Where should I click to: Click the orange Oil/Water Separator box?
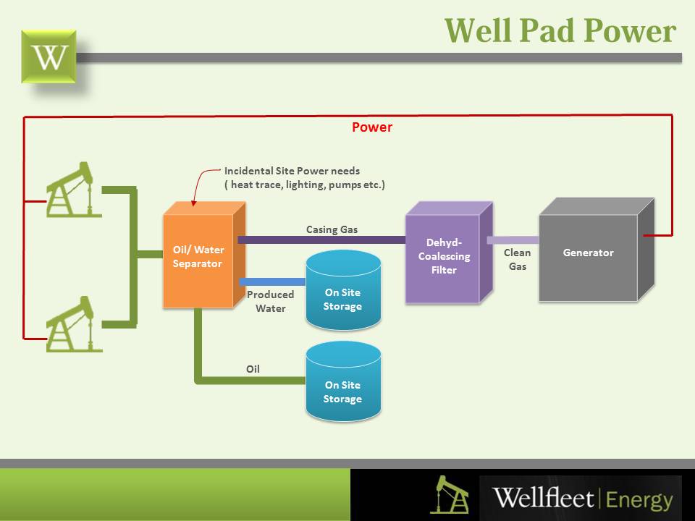[x=204, y=255]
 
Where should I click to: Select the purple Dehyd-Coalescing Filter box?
[x=449, y=253]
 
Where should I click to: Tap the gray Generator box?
[x=596, y=250]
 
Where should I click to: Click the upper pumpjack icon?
[x=74, y=190]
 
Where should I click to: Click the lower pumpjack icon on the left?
[x=74, y=324]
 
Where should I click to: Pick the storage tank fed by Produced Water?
[x=343, y=290]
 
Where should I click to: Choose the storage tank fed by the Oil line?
[x=343, y=381]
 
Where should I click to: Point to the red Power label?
[x=372, y=127]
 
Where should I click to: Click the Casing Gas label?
[x=332, y=229]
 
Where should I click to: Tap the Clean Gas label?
[x=517, y=260]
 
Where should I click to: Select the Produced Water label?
[x=270, y=301]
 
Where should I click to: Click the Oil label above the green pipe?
[x=253, y=369]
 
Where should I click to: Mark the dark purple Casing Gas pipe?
[x=321, y=240]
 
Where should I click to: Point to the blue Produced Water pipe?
[x=273, y=281]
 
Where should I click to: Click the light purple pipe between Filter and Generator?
[x=513, y=240]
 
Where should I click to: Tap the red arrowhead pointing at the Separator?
[x=193, y=203]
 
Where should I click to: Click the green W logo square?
[x=49, y=56]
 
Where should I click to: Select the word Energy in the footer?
[x=639, y=500]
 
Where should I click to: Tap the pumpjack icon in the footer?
[x=449, y=494]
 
